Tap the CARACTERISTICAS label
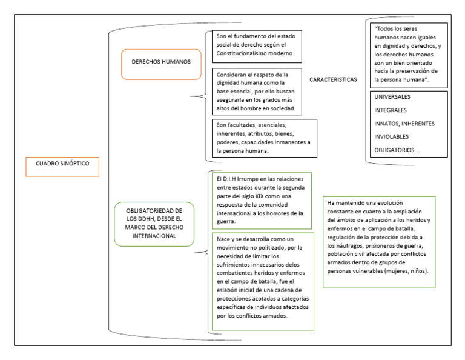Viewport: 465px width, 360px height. pyautogui.click(x=332, y=79)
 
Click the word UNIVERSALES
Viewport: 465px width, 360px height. pyautogui.click(x=393, y=97)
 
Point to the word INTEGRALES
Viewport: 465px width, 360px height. pyautogui.click(x=391, y=110)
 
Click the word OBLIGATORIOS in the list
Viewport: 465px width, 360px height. pyautogui.click(x=395, y=150)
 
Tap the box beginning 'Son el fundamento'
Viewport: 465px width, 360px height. pyautogui.click(x=258, y=45)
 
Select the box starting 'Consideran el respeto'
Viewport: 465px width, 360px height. pyautogui.click(x=258, y=90)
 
